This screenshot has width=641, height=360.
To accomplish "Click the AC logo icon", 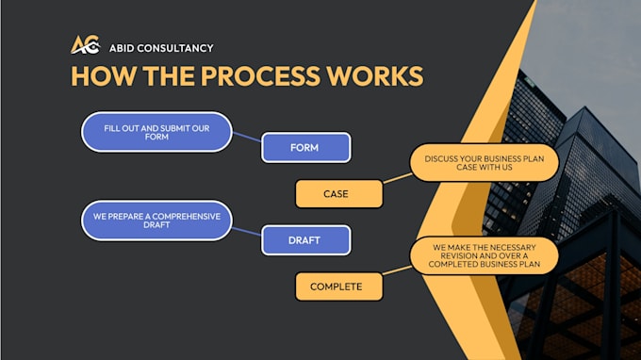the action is tap(86, 44).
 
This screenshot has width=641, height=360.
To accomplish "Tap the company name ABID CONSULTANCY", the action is tap(161, 48).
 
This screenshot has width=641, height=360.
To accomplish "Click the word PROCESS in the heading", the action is tap(260, 76).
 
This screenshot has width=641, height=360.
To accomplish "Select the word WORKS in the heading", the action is tap(375, 76).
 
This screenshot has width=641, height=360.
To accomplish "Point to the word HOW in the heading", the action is tap(104, 76).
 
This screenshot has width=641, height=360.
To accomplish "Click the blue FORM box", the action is tap(305, 148).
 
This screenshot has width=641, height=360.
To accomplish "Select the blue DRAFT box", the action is tap(305, 240).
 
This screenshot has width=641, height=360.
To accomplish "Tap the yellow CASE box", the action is tap(339, 194).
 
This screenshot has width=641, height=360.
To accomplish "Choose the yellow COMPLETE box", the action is tap(339, 286).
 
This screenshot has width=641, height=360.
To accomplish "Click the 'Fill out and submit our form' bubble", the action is tap(156, 132).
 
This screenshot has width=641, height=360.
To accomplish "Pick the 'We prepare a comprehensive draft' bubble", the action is tap(156, 221).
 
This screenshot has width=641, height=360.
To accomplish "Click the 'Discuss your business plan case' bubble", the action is tap(484, 163).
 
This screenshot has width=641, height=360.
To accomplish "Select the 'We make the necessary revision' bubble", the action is tap(484, 255).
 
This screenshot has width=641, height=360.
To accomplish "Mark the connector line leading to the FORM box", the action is tap(247, 137).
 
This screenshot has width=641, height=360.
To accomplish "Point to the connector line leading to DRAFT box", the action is tap(247, 232).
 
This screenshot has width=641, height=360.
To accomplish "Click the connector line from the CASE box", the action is tap(398, 178).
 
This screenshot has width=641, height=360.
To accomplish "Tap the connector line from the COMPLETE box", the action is tap(398, 270).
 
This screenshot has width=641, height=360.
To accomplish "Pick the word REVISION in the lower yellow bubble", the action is tap(459, 255).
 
